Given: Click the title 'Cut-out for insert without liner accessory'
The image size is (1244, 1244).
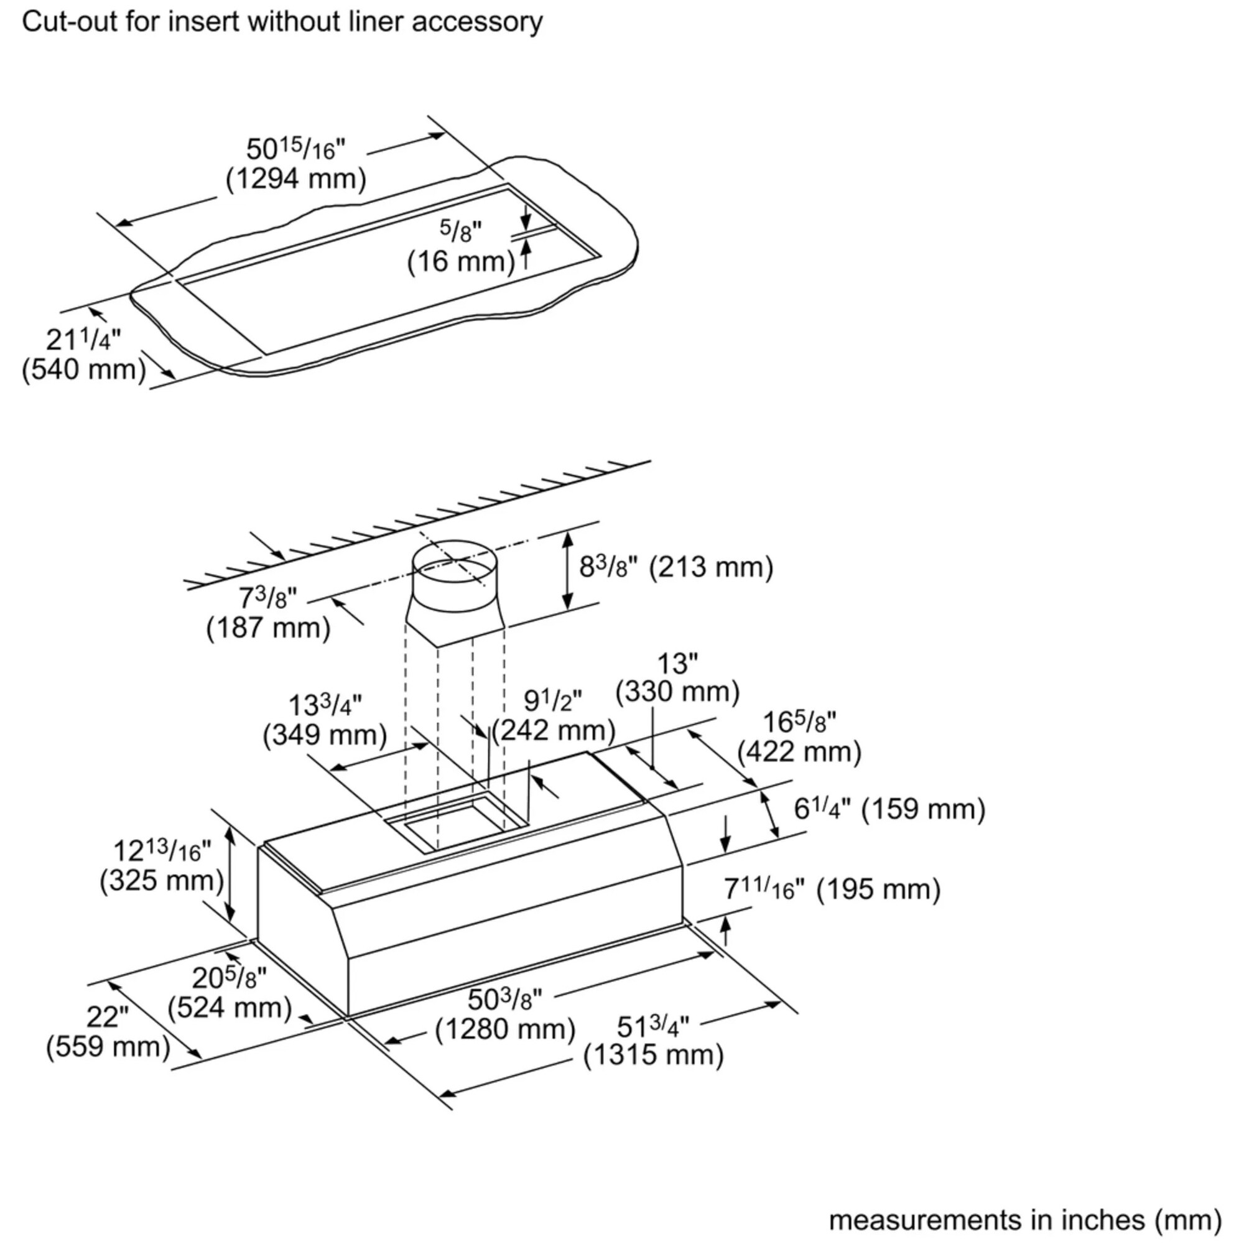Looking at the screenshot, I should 282,22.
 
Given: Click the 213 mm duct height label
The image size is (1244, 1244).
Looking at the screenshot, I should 676,567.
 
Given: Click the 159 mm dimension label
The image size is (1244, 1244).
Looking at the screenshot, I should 889,809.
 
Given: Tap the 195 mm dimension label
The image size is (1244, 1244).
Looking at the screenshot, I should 832,889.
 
